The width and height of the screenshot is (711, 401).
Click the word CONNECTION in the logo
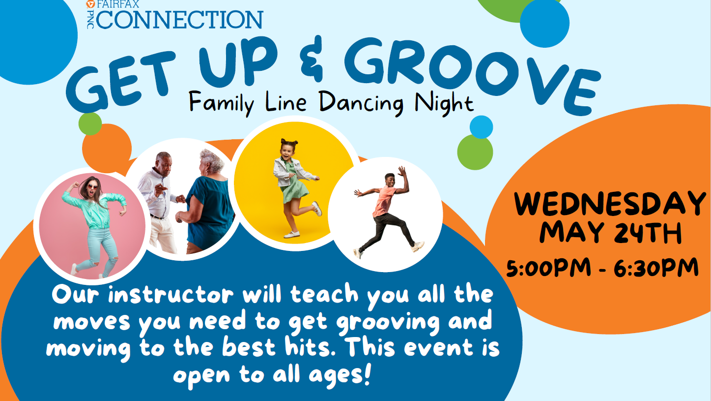point(180,20)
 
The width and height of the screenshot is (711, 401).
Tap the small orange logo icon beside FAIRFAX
point(90,4)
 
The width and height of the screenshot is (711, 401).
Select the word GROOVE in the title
point(469,73)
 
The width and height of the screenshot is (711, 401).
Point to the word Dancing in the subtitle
point(361,103)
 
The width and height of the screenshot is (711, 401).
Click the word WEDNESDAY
point(610,204)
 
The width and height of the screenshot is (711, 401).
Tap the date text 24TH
point(648,233)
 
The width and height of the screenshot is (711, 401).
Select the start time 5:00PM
point(549,267)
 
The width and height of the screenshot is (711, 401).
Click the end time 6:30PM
point(656,267)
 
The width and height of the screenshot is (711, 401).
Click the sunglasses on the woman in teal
point(92,186)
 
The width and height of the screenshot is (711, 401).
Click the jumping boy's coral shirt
point(385,201)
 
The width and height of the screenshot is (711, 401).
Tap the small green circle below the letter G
point(90,123)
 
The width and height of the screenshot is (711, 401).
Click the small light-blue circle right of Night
point(481,127)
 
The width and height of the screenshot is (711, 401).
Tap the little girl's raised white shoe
point(317,209)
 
